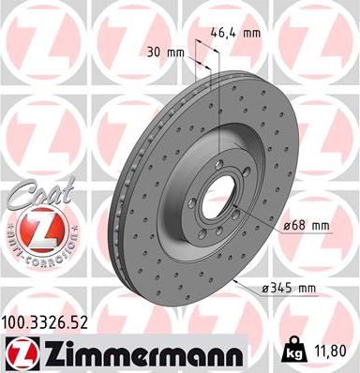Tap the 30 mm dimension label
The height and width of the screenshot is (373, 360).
(x=165, y=52)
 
